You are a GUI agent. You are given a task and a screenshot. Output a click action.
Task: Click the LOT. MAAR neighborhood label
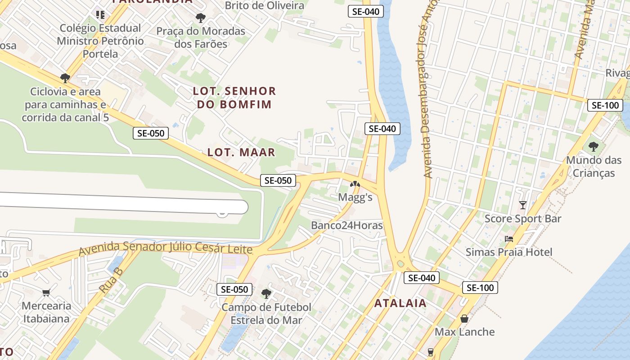tap(241, 152)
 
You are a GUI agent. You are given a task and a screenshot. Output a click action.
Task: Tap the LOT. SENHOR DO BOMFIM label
tap(234, 98)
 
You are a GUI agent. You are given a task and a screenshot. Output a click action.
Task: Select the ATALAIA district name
tap(400, 303)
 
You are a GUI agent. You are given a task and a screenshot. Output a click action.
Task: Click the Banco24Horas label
tap(346, 225)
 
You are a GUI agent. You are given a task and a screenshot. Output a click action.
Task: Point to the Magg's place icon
tap(355, 184)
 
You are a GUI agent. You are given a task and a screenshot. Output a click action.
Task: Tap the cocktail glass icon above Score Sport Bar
tap(522, 205)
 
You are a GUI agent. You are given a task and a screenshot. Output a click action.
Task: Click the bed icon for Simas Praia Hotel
tap(509, 238)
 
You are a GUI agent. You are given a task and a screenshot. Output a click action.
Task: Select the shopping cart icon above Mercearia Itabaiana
tap(46, 293)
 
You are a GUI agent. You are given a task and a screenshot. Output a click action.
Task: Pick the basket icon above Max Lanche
tap(464, 319)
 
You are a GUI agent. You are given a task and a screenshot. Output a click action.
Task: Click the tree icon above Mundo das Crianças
tap(594, 146)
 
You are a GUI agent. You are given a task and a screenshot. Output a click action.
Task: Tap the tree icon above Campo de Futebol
tap(266, 294)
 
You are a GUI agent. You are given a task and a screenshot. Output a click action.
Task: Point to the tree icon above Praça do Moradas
tap(201, 18)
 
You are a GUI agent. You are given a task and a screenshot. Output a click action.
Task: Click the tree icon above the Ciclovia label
tap(65, 78)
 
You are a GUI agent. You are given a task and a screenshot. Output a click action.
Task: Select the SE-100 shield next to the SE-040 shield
tap(480, 288)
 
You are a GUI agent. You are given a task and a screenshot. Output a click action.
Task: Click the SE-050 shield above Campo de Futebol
tap(234, 289)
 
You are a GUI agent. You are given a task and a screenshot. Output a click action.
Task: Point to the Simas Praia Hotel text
tap(508, 252)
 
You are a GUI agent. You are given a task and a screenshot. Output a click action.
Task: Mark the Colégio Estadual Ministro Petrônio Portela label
tap(100, 41)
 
